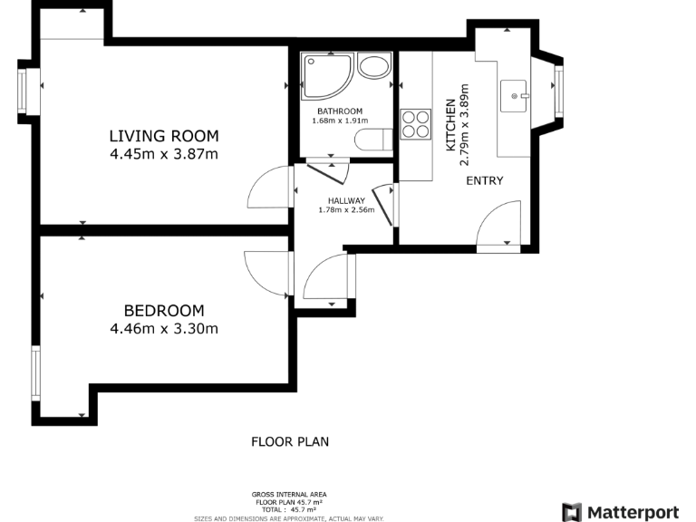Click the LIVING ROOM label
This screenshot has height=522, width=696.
[164, 136]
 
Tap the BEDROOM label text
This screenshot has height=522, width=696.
[164, 310]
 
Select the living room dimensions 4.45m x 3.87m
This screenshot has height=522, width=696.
[164, 154]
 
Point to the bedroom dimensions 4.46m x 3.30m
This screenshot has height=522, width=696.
[164, 328]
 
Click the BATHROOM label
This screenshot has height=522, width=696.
[340, 111]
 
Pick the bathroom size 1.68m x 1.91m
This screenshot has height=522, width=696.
[340, 121]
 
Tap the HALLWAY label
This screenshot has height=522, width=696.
[346, 200]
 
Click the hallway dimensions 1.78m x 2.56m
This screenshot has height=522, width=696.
[346, 210]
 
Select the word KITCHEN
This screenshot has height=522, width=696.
[450, 125]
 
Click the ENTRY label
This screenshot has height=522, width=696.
[485, 180]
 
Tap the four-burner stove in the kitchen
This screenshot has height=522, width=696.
[415, 124]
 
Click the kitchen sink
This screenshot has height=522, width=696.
[514, 96]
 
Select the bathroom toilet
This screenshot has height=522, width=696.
[373, 140]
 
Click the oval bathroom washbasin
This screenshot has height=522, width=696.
[374, 66]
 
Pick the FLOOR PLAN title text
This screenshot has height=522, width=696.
[290, 441]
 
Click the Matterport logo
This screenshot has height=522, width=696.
[620, 512]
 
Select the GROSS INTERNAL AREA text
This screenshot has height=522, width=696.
[289, 495]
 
